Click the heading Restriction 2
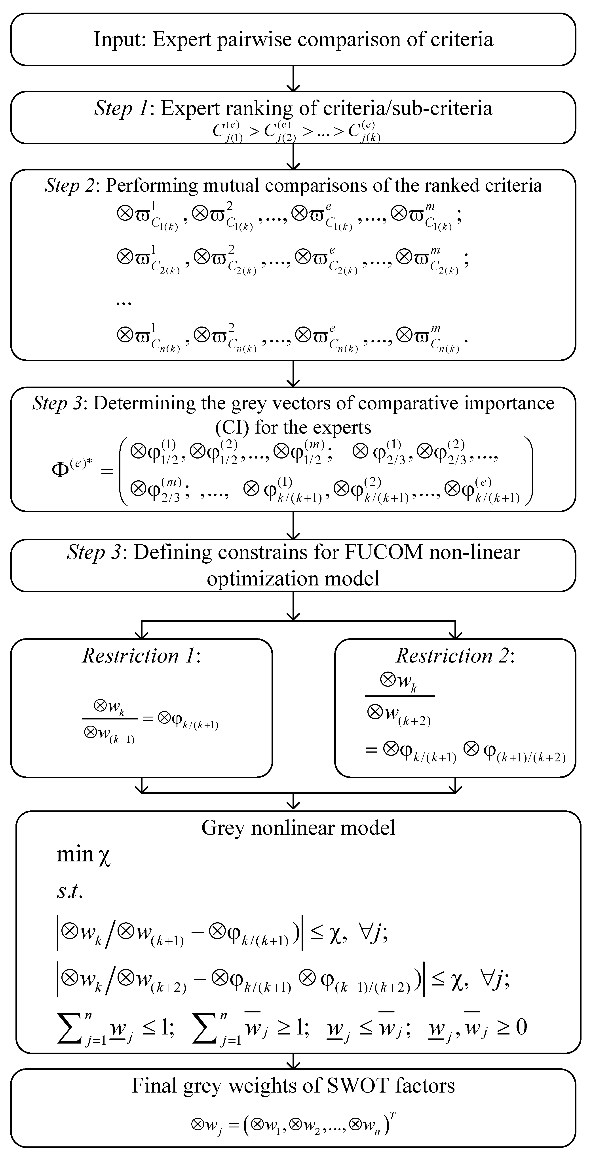click(x=455, y=656)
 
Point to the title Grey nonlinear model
click(x=298, y=828)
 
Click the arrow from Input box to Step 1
click(x=293, y=79)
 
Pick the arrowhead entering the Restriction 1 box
click(x=142, y=634)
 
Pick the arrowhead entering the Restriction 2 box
click(x=456, y=634)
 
